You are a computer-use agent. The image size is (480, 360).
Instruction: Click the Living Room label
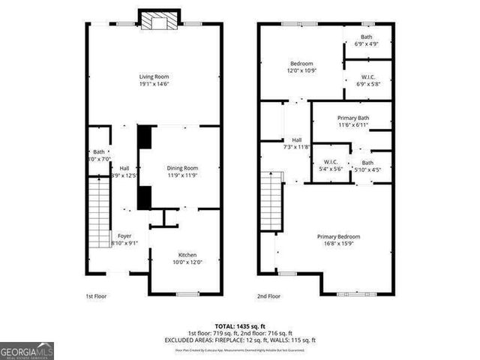[154, 76]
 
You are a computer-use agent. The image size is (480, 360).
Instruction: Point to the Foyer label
[124, 236]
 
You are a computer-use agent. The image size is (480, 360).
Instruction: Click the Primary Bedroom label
[338, 236]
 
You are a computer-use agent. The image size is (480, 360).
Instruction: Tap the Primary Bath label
[352, 118]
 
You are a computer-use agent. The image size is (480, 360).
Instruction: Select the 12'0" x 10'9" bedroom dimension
[301, 71]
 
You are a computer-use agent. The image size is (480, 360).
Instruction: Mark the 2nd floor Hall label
[297, 140]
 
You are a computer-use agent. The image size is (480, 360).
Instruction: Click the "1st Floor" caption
[95, 296]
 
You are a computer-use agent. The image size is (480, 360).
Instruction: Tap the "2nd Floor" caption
[268, 296]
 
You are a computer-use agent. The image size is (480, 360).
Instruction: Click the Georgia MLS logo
[27, 349]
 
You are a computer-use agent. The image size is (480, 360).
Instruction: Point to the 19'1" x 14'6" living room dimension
[154, 84]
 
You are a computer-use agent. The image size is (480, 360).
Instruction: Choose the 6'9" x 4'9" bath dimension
[366, 44]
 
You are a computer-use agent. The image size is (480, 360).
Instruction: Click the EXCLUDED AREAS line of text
[240, 340]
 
